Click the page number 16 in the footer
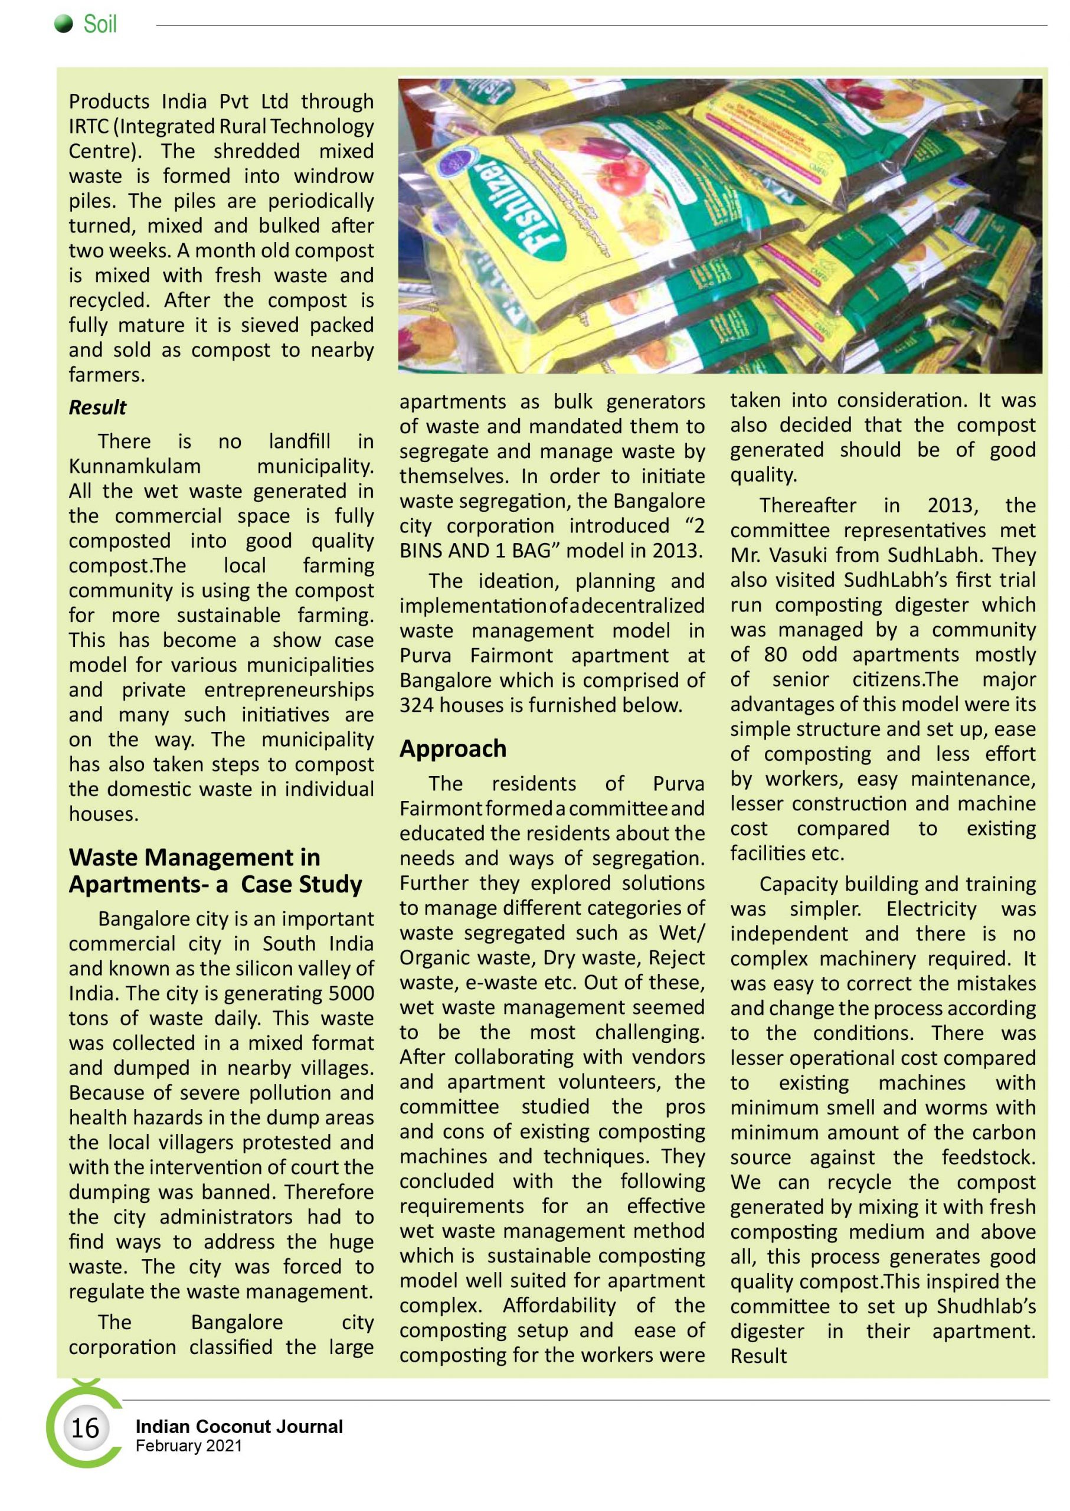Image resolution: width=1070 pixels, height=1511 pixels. pos(84,1428)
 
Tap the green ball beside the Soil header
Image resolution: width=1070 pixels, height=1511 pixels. pos(63,24)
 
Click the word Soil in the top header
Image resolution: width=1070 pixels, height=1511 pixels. pos(100,24)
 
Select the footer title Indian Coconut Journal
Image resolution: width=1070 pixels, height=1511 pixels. pos(239,1427)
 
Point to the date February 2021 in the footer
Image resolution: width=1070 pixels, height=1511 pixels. pos(188,1445)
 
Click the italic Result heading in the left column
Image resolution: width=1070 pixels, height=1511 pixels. pos(97,407)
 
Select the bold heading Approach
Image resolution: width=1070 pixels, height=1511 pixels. pos(453,748)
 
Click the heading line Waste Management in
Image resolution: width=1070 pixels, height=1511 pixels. pos(194,857)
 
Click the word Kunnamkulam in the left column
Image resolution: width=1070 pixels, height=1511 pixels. pos(135,466)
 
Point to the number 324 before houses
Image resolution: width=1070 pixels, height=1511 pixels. pos(417,705)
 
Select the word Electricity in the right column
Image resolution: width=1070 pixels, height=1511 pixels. pos(931,909)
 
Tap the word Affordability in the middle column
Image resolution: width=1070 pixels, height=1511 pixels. pos(559,1306)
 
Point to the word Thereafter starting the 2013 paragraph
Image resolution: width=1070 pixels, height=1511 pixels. pos(808,505)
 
